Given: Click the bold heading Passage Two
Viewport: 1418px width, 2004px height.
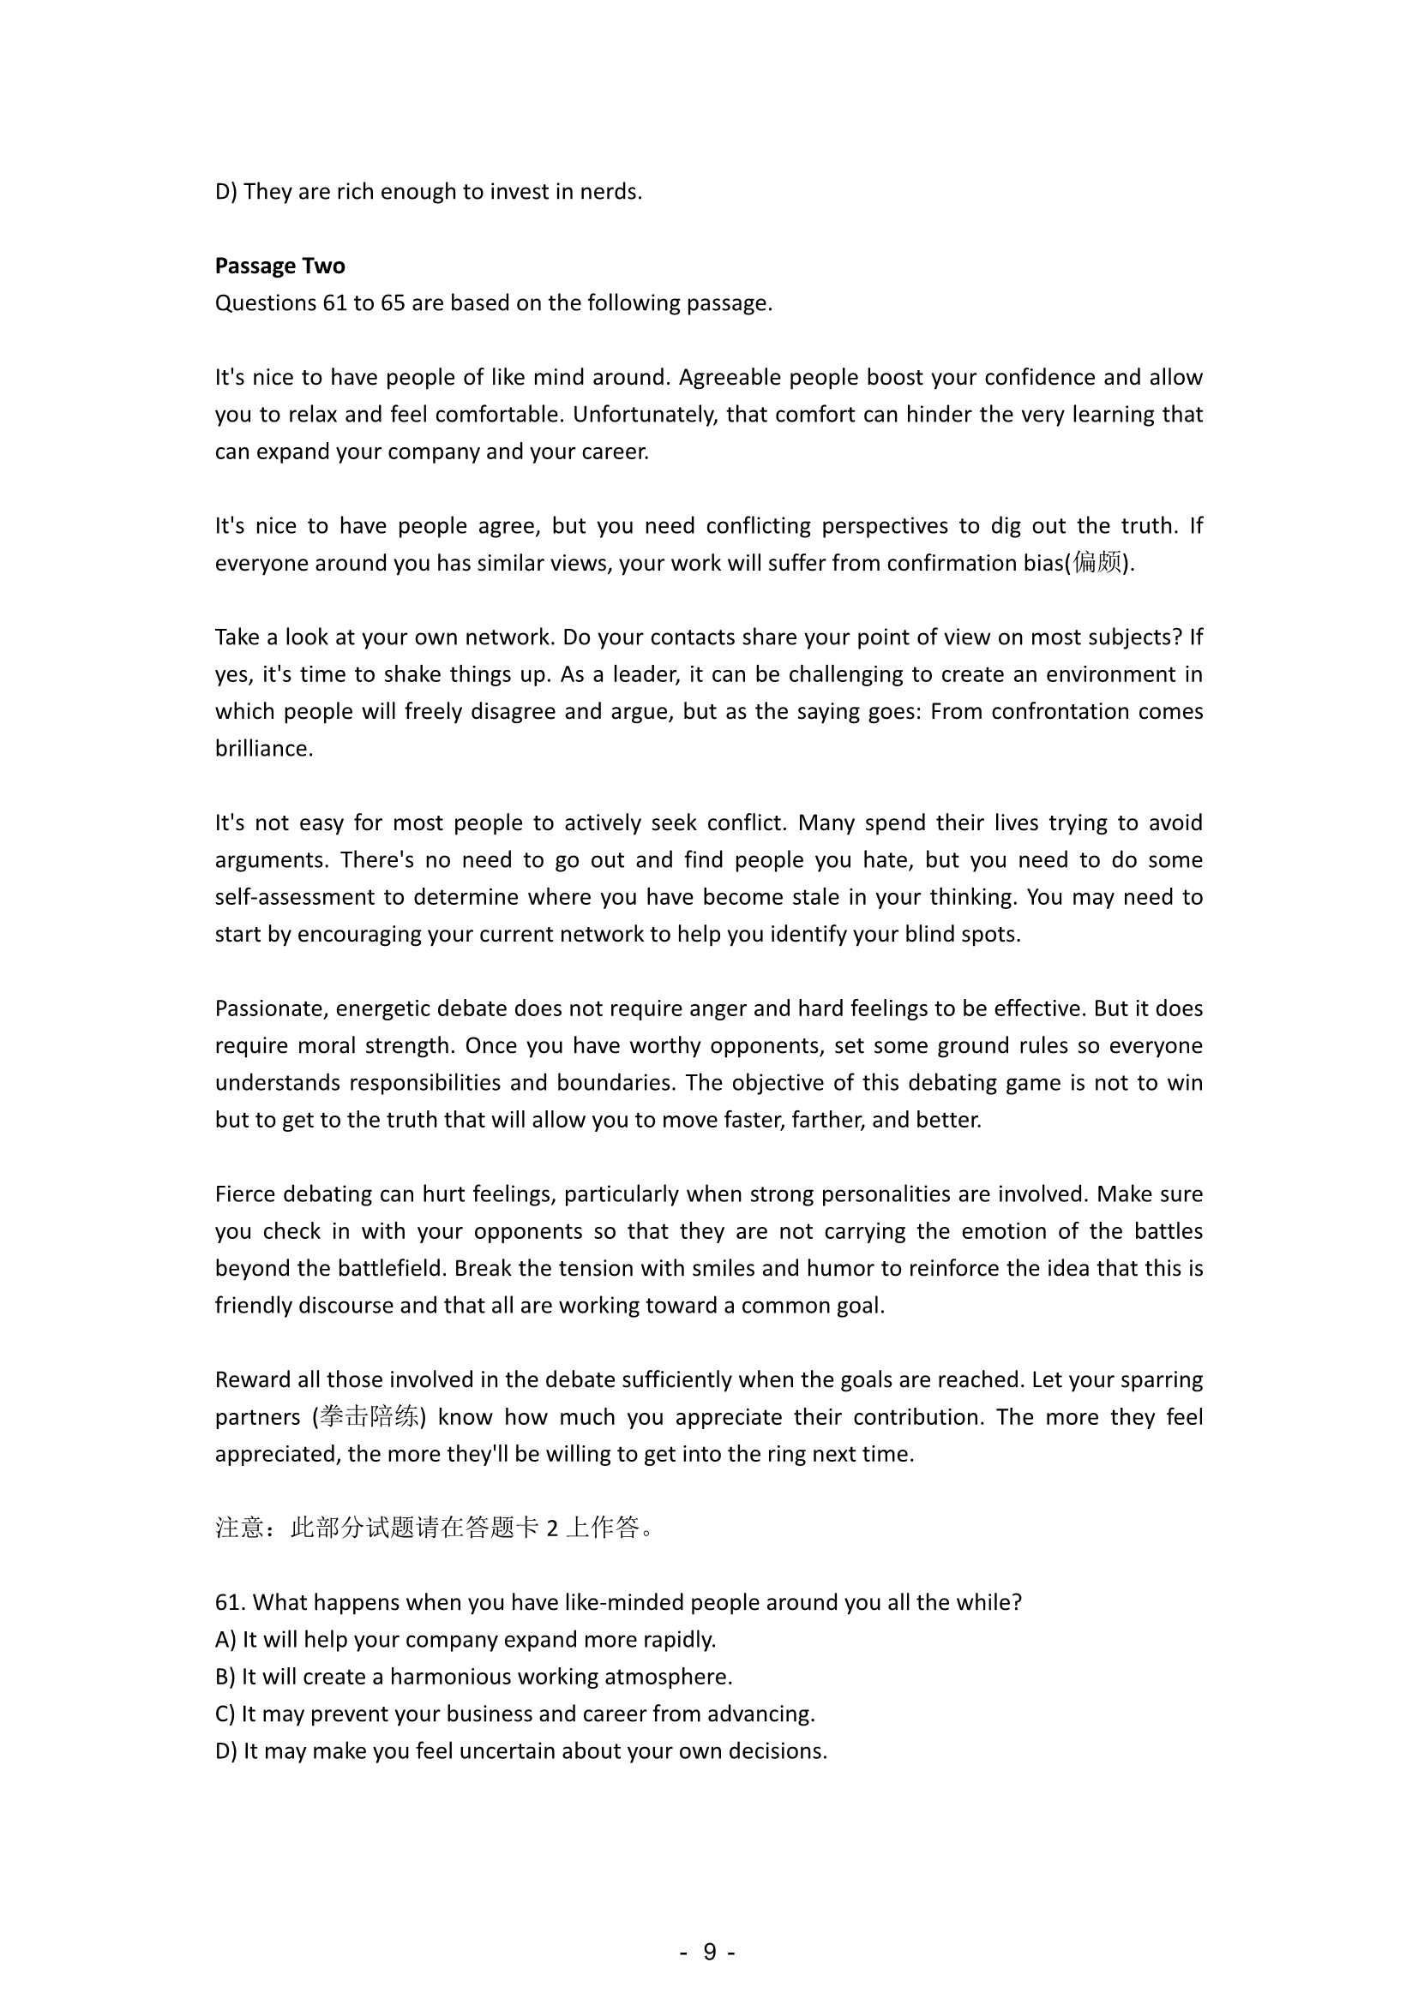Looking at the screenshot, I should tap(279, 266).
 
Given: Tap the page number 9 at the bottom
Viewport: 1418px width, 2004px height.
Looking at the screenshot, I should tap(709, 1951).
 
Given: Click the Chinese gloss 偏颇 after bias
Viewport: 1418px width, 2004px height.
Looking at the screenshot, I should tap(1097, 563).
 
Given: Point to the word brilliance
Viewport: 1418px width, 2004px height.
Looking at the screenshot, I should tap(263, 749).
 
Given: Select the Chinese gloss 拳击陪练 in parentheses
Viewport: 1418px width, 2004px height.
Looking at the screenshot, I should tap(369, 1416).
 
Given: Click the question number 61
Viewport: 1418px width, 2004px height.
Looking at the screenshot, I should tap(230, 1602).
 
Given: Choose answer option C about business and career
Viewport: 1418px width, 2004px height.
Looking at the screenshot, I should tap(514, 1714).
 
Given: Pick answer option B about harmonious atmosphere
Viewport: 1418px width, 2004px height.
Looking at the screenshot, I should tap(473, 1677).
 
